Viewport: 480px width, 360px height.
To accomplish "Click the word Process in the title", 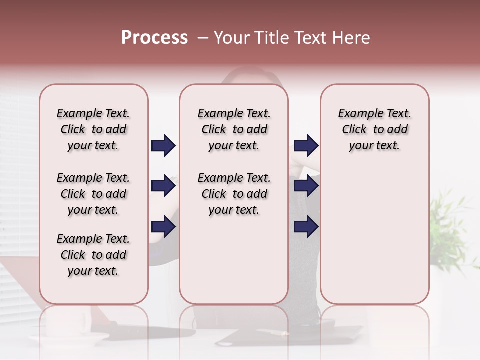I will coord(154,38).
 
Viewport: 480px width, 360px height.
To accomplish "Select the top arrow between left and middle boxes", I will coord(163,146).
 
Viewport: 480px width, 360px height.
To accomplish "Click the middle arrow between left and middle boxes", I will coord(163,186).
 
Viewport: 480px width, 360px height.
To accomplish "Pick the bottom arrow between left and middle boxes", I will coord(163,227).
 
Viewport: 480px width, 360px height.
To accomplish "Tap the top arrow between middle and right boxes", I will coord(306,146).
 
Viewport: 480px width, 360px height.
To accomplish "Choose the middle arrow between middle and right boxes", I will coord(306,186).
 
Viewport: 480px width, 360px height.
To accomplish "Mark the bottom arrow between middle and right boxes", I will coord(306,227).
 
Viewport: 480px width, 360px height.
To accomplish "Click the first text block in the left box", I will coord(93,129).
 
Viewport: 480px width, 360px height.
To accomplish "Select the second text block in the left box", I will coord(93,194).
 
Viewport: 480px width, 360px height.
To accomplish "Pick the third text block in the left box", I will coord(93,255).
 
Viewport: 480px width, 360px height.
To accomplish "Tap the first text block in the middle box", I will coord(234,129).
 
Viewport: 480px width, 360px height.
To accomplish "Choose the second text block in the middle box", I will coord(234,194).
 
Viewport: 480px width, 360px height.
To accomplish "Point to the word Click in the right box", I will coord(354,130).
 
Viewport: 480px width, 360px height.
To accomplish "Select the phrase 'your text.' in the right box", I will coord(374,146).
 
